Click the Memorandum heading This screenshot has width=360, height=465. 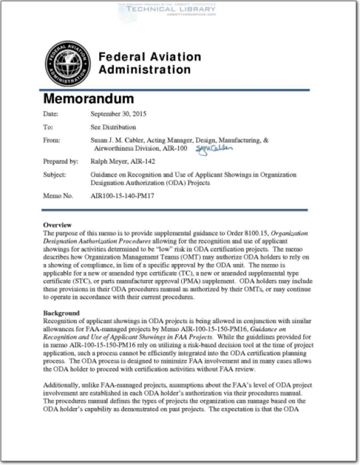pyautogui.click(x=89, y=98)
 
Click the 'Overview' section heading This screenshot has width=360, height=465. pyautogui.click(x=57, y=225)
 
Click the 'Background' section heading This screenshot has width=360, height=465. pyautogui.click(x=61, y=313)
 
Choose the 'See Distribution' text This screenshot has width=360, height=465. pyautogui.click(x=113, y=127)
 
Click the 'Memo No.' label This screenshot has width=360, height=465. pyautogui.click(x=58, y=196)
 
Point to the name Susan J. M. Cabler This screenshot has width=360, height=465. pyautogui.click(x=123, y=140)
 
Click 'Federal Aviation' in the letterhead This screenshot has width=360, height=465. pyautogui.click(x=150, y=57)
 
